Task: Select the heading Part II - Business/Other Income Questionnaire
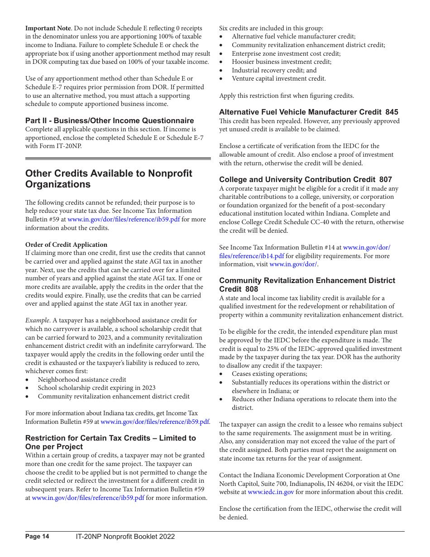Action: click(x=110, y=120)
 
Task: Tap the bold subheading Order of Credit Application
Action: click(x=66, y=245)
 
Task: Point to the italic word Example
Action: click(x=38, y=321)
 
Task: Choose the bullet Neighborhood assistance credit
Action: click(x=82, y=379)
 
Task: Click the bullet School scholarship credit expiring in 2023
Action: click(x=96, y=388)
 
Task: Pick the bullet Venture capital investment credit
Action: click(x=279, y=79)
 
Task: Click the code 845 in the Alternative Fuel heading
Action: click(x=392, y=112)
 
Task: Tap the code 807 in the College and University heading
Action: click(x=386, y=179)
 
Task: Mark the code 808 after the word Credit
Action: click(x=252, y=289)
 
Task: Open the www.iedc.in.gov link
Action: click(x=271, y=492)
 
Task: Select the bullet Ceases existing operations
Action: click(x=269, y=374)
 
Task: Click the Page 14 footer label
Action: click(x=37, y=537)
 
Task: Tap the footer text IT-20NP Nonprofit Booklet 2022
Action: click(x=125, y=537)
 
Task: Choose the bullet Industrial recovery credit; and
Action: click(x=274, y=70)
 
